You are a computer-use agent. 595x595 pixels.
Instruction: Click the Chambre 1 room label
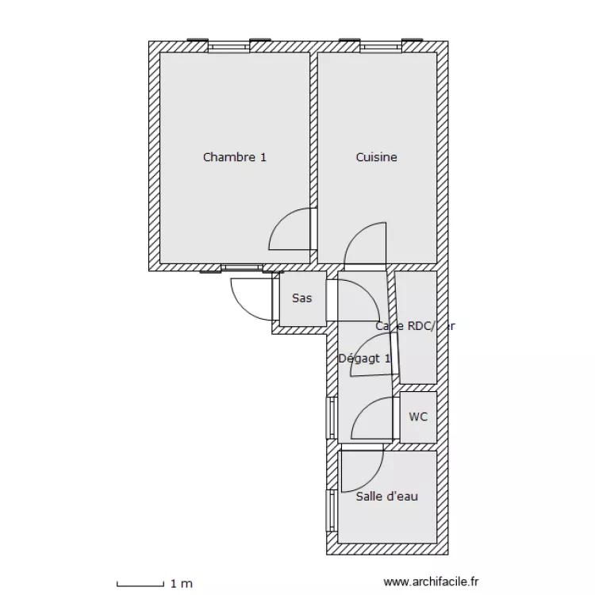tap(234, 157)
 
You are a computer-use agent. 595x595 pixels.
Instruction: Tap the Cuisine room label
tap(376, 157)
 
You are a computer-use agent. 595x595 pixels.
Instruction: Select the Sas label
tap(301, 298)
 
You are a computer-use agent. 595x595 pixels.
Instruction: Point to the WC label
tap(418, 416)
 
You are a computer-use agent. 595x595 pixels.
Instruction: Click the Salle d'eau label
tap(386, 497)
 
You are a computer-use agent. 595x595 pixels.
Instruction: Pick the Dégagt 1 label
tap(364, 358)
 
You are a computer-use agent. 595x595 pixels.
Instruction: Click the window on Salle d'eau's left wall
tap(330, 510)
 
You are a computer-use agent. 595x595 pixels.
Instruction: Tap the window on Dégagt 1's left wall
tap(330, 417)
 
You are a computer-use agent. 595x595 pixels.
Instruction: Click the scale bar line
tap(140, 585)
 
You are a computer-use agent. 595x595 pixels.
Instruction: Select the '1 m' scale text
tap(181, 584)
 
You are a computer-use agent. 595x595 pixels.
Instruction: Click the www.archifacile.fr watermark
tap(432, 582)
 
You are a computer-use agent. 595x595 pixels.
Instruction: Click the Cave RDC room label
tap(415, 326)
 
